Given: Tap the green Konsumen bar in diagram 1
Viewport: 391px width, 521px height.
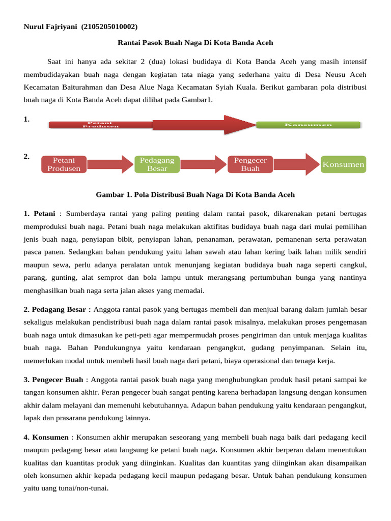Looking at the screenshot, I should tap(308, 125).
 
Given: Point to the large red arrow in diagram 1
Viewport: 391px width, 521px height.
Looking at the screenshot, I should tap(204, 125).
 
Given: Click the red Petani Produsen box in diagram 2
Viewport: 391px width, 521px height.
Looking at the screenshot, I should tap(64, 164).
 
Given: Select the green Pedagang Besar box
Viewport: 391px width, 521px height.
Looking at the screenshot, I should tap(157, 164).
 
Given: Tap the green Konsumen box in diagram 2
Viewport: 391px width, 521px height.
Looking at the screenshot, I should tap(343, 164).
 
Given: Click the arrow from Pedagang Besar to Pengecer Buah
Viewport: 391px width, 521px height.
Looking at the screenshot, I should tap(203, 164).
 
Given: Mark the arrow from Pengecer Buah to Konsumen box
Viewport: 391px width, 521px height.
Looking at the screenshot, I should tap(297, 164).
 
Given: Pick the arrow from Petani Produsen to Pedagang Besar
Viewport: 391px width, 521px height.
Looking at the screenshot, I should tap(109, 164).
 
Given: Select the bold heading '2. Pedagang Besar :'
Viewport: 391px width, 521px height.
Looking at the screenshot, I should tap(57, 309).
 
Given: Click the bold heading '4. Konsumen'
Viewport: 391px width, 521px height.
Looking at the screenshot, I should tap(46, 437).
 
